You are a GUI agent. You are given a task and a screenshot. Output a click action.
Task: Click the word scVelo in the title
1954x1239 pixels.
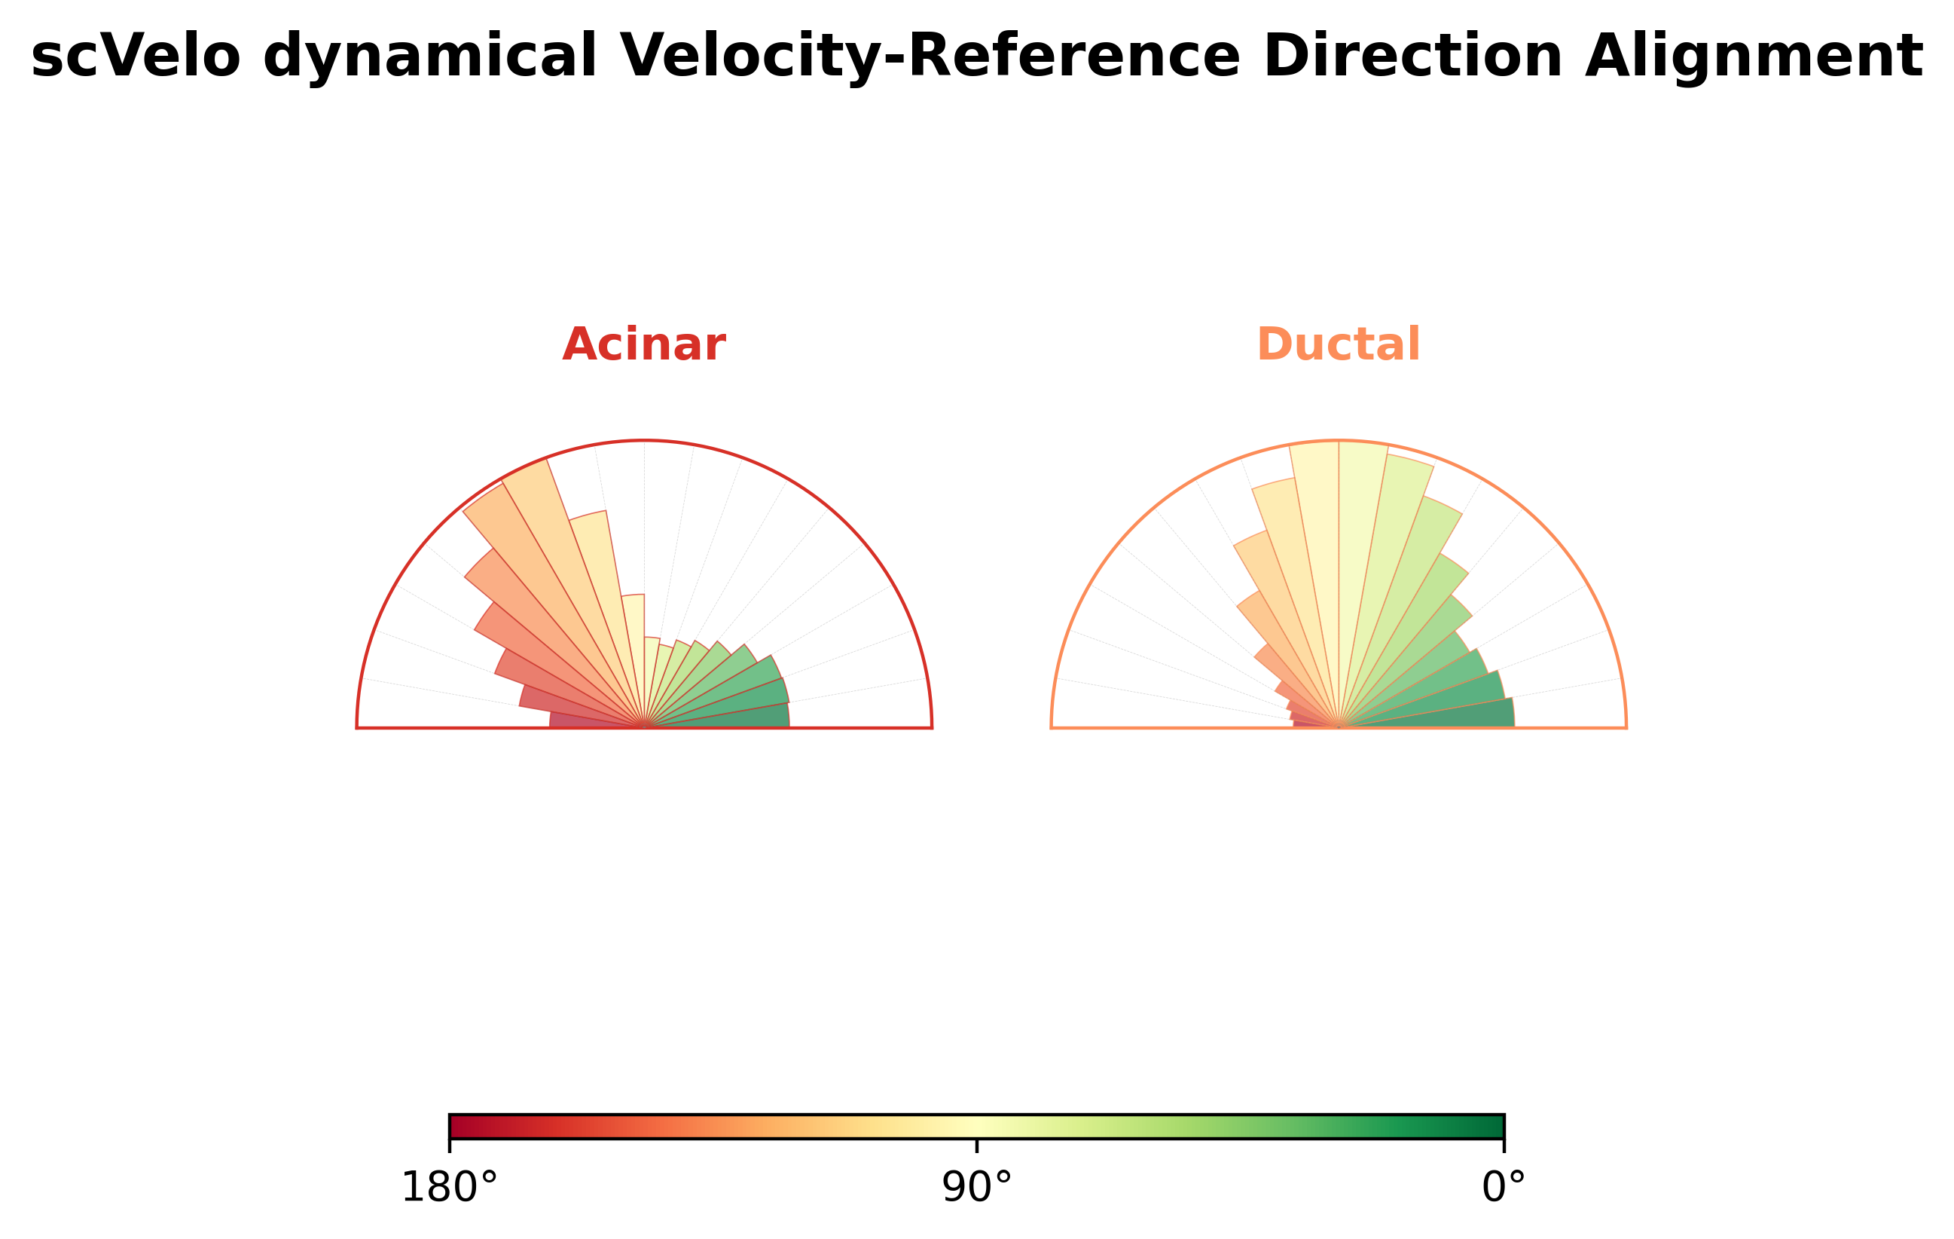point(136,57)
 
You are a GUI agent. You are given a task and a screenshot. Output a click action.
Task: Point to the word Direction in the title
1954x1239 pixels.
point(1412,57)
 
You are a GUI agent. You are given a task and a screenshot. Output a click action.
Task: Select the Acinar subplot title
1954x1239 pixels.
point(643,344)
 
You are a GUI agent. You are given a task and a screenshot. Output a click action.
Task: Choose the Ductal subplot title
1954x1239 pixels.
point(1338,344)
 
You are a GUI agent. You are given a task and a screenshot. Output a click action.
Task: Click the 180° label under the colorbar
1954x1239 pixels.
point(449,1188)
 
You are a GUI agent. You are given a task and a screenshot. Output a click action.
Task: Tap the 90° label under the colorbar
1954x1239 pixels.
point(977,1188)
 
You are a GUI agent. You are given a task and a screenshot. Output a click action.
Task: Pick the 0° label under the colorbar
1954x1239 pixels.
point(1504,1188)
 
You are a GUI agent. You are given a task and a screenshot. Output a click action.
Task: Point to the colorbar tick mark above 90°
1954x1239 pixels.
point(977,1145)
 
